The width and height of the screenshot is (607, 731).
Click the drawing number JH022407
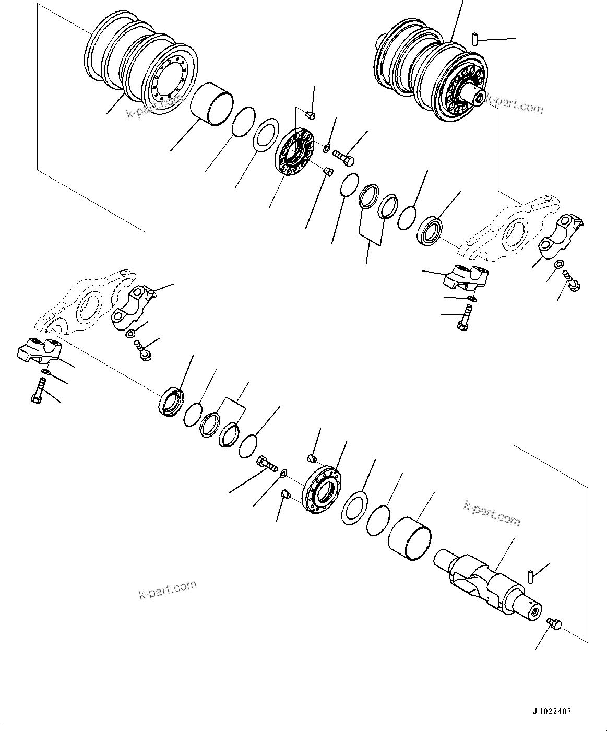pos(552,711)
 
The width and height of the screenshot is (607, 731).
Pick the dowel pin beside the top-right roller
pos(475,39)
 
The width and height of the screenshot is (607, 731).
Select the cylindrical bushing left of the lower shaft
pos(411,538)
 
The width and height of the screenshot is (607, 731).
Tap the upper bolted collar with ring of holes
pos(294,152)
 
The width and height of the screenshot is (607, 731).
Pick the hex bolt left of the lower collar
pos(267,463)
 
